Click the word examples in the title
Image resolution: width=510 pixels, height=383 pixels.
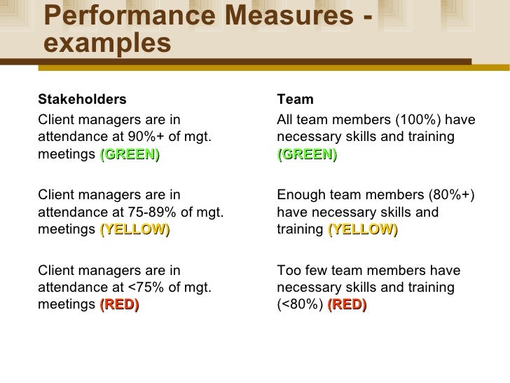click(107, 43)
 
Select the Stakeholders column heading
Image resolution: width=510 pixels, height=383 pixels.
click(82, 99)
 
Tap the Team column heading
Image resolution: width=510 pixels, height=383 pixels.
click(295, 99)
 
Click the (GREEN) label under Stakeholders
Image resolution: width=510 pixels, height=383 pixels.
click(130, 155)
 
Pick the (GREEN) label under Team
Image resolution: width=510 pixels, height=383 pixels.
click(307, 155)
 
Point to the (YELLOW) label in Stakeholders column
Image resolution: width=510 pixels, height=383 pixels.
click(135, 230)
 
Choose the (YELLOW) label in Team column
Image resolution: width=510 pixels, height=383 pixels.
click(362, 230)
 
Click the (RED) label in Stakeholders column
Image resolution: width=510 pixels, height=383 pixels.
click(119, 304)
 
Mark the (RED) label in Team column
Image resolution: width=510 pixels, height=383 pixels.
click(347, 304)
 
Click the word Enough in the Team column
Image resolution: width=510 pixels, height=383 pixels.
click(300, 194)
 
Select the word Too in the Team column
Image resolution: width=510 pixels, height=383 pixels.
click(288, 269)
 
